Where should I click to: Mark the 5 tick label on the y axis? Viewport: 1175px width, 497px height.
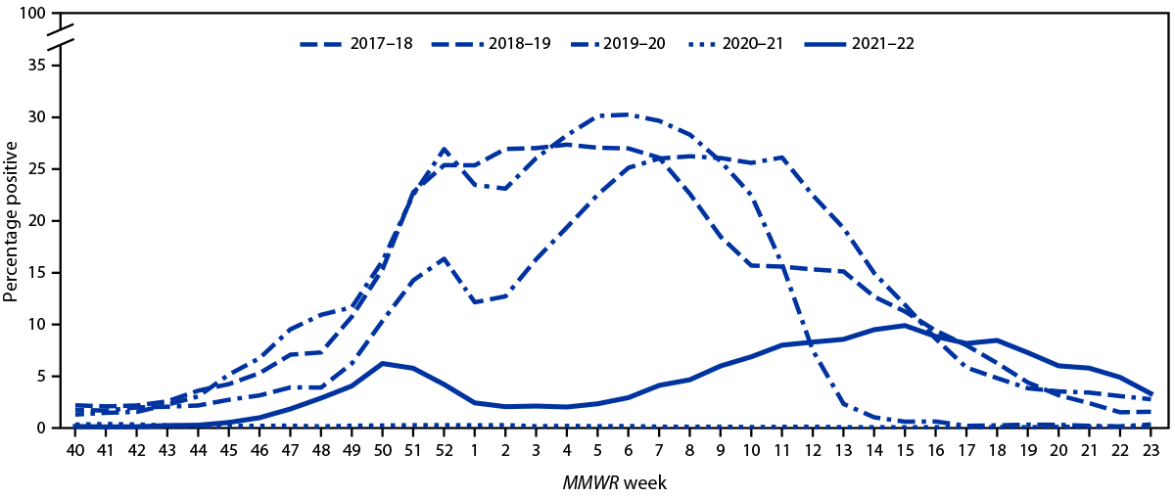(40, 377)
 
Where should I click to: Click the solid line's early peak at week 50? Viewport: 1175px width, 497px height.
(383, 363)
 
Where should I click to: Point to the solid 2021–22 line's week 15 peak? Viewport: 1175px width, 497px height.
(904, 325)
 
